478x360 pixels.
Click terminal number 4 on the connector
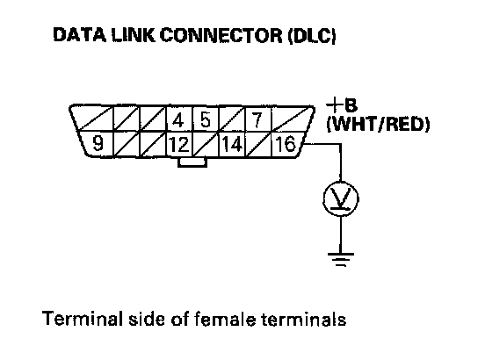(x=178, y=120)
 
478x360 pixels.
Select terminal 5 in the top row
(x=206, y=119)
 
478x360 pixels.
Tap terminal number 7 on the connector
(x=257, y=119)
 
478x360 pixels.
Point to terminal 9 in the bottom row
(x=98, y=143)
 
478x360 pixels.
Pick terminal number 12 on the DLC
(x=179, y=144)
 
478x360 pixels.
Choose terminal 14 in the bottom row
(x=233, y=144)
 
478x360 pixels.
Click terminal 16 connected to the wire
(x=286, y=144)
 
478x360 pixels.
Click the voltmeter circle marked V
(x=341, y=199)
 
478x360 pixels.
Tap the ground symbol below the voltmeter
(x=341, y=260)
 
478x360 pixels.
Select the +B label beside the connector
(x=342, y=105)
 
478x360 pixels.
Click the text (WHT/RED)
(x=378, y=125)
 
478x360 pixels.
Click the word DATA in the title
(x=80, y=34)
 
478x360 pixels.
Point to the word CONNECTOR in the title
(x=221, y=35)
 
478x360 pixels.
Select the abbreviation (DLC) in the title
(x=311, y=36)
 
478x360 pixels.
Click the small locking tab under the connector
(x=192, y=162)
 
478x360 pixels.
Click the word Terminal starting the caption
(x=83, y=319)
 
